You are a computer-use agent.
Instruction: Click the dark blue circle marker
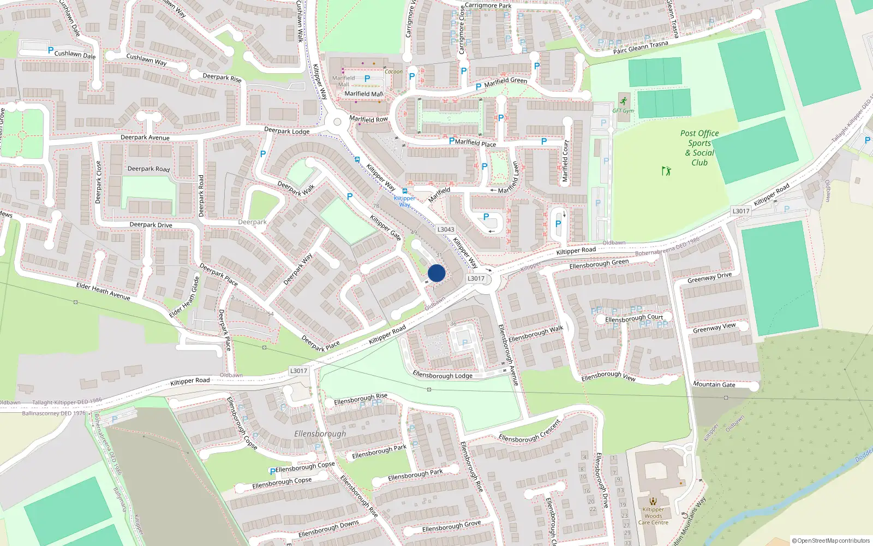point(436,273)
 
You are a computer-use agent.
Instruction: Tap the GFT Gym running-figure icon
point(623,102)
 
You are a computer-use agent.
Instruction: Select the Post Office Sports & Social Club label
point(699,148)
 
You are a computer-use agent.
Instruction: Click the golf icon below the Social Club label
point(666,171)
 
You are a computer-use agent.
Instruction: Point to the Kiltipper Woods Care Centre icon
point(653,501)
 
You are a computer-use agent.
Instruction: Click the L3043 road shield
point(445,229)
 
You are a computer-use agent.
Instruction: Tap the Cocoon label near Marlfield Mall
point(393,72)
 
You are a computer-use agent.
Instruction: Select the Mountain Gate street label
point(714,384)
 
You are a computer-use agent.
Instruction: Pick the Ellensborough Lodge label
point(443,375)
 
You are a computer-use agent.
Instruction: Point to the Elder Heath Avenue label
point(103,291)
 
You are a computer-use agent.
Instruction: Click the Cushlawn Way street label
point(146,59)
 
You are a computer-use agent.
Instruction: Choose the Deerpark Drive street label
point(151,224)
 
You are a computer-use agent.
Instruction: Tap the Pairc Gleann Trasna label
point(640,48)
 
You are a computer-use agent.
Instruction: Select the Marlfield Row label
point(368,119)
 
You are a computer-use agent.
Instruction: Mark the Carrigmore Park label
point(488,6)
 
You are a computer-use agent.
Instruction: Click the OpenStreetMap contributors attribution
point(830,541)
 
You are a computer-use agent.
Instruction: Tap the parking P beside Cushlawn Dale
point(51,50)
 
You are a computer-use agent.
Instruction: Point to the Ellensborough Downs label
point(328,528)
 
